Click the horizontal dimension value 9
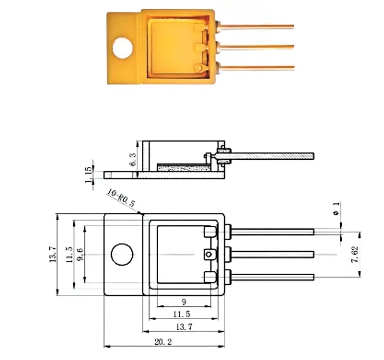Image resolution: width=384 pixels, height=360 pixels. (184, 302)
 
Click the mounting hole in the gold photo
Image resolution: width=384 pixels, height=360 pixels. (123, 47)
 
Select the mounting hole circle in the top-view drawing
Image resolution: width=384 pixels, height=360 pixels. (122, 255)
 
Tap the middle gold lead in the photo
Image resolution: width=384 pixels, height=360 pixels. (256, 47)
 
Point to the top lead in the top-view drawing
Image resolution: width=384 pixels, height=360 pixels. (273, 231)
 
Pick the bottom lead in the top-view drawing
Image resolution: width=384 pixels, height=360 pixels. (273, 277)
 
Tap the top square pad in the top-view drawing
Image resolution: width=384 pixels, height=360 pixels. (209, 232)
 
